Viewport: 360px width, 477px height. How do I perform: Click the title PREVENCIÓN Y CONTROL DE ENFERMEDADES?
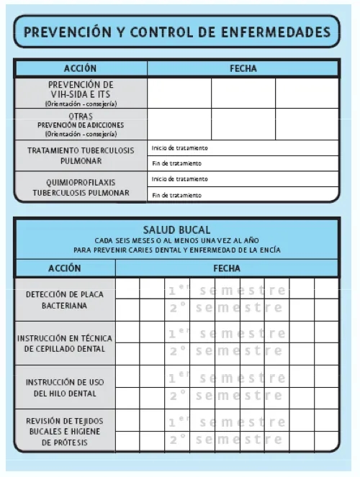pyautogui.click(x=177, y=32)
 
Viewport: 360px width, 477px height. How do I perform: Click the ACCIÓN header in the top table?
pyautogui.click(x=80, y=69)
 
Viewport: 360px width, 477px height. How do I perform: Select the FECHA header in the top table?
pyautogui.click(x=243, y=69)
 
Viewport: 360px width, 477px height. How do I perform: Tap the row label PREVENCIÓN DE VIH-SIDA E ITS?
pyautogui.click(x=81, y=94)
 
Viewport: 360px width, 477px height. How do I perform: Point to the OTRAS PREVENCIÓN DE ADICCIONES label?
pyautogui.click(x=81, y=124)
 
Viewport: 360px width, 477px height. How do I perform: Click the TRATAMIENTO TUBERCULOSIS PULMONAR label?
pyautogui.click(x=81, y=155)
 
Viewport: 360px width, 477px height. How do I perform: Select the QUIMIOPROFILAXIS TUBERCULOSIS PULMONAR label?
pyautogui.click(x=81, y=187)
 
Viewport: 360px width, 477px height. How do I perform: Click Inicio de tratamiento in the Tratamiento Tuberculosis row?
pyautogui.click(x=179, y=148)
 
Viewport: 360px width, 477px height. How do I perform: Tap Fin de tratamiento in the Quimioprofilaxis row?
pyautogui.click(x=176, y=195)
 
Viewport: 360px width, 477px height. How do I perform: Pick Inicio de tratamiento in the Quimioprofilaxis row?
pyautogui.click(x=179, y=179)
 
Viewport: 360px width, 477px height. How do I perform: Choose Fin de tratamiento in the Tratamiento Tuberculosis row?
pyautogui.click(x=176, y=163)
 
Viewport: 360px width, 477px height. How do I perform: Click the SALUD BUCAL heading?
pyautogui.click(x=177, y=230)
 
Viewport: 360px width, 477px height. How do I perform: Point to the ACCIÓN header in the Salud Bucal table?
pyautogui.click(x=65, y=268)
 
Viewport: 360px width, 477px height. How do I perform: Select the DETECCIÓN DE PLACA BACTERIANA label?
pyautogui.click(x=65, y=300)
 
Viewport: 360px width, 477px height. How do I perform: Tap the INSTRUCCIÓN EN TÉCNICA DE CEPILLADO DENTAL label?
pyautogui.click(x=65, y=343)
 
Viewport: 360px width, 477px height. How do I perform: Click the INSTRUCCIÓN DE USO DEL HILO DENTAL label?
pyautogui.click(x=65, y=388)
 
